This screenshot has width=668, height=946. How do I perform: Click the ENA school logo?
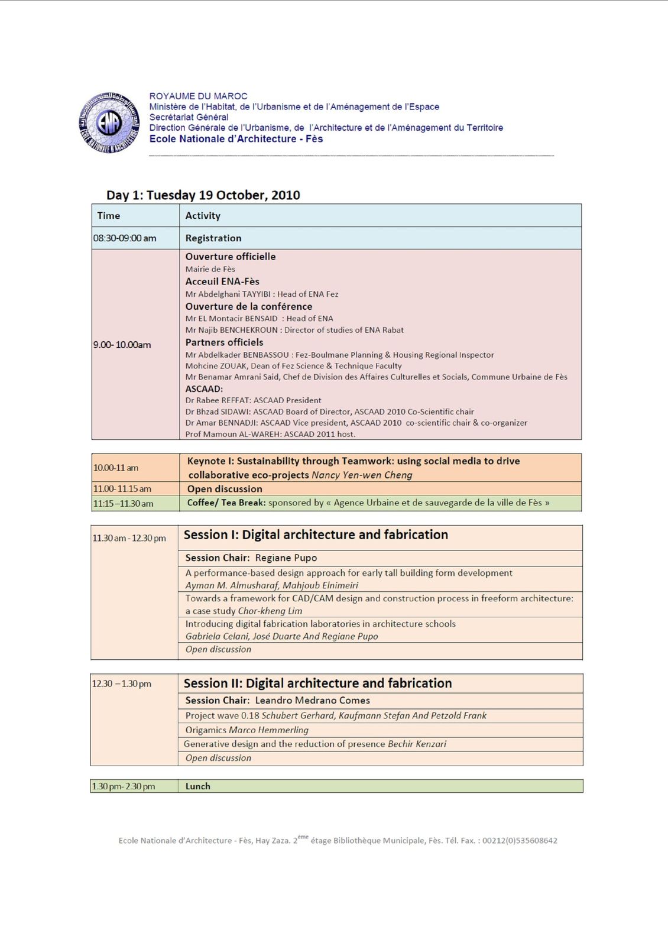tap(109, 123)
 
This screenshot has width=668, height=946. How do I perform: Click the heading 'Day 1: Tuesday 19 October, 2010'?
tap(203, 195)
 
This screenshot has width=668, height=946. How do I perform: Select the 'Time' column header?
tap(109, 216)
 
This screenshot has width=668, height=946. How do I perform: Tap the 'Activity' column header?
tap(203, 216)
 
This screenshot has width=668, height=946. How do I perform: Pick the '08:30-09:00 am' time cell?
tap(125, 238)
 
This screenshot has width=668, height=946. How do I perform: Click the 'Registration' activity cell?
tap(213, 238)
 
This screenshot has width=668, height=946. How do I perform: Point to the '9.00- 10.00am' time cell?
tap(122, 345)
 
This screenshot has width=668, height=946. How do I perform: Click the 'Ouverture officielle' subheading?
tap(231, 257)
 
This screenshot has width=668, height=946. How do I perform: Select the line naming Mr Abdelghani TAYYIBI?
tap(262, 294)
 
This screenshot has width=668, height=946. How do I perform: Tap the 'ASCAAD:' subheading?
tap(204, 389)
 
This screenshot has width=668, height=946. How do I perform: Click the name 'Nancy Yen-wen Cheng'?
tap(362, 475)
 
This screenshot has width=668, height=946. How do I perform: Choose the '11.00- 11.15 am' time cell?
tap(122, 489)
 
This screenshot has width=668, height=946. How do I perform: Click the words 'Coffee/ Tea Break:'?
tap(226, 503)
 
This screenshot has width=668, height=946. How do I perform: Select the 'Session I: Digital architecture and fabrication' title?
tap(316, 535)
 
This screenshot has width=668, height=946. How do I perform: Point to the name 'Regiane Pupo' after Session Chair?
tap(286, 558)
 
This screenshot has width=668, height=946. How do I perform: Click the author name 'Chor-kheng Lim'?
tap(270, 611)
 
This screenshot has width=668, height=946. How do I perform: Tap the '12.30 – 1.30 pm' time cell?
tap(122, 683)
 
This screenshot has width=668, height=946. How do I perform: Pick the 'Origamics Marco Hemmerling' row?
tap(247, 730)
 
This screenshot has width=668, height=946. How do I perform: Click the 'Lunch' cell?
tap(198, 786)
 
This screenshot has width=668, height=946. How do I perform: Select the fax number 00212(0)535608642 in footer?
tap(520, 841)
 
